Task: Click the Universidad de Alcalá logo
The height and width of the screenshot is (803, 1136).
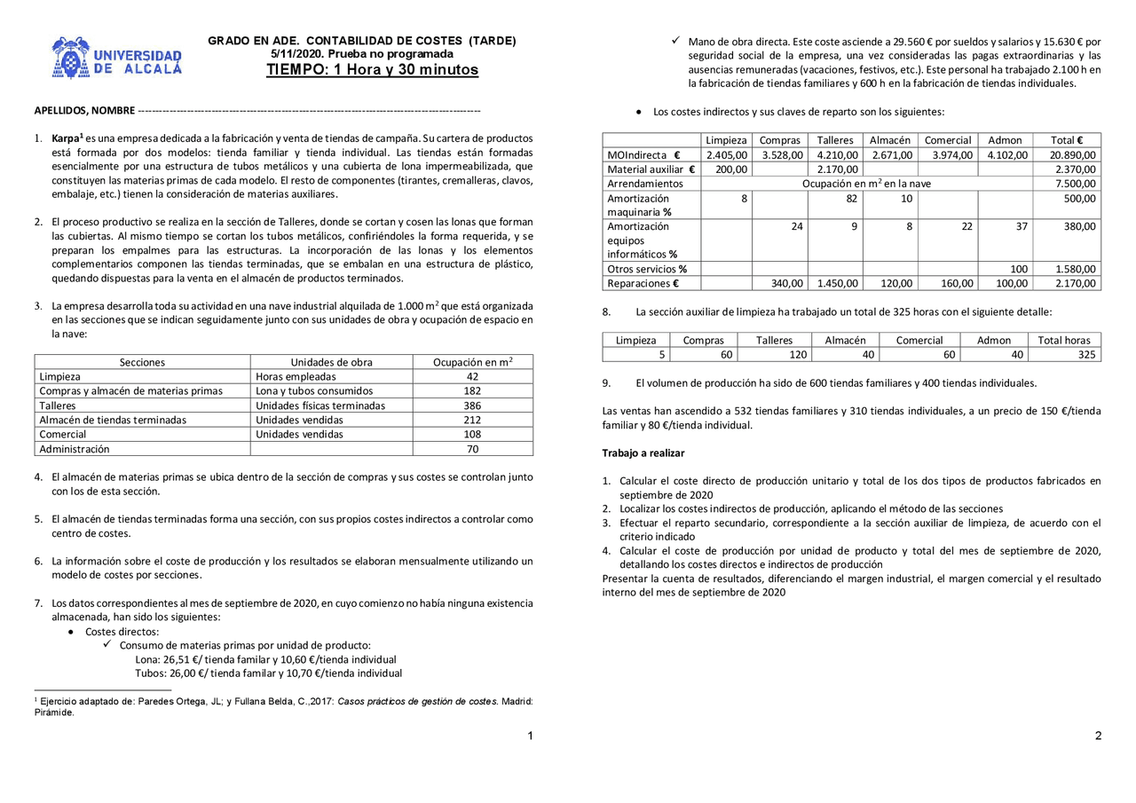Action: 116,59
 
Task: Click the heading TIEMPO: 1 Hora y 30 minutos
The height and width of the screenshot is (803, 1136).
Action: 372,70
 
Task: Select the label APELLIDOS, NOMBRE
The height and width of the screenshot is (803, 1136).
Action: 84,111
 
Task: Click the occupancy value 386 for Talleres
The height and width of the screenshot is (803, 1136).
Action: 472,405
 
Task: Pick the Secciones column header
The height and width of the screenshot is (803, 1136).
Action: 142,362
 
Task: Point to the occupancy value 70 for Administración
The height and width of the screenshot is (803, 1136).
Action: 472,449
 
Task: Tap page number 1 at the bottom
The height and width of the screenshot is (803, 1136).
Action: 530,736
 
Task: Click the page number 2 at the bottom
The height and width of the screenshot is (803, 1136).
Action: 1098,736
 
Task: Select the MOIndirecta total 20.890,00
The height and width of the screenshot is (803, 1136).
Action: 1072,154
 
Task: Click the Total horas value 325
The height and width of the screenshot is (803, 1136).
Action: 1085,355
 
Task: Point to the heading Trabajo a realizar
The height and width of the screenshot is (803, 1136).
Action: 643,453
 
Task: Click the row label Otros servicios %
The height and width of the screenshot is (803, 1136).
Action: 647,269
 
